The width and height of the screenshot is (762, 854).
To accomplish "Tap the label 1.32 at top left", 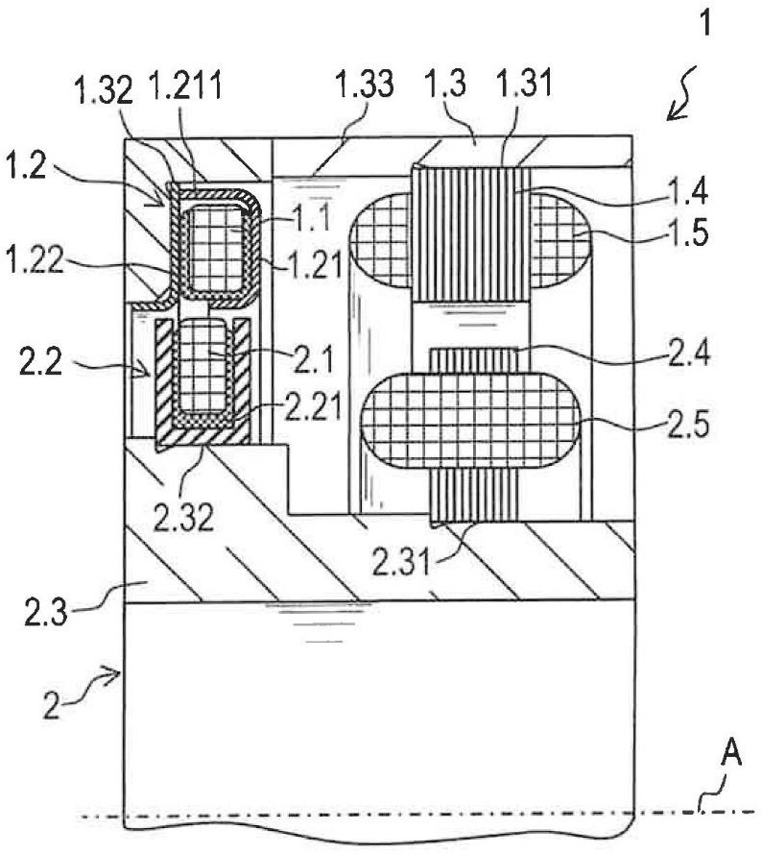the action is pyautogui.click(x=104, y=90).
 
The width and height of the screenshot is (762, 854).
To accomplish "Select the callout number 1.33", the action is pyautogui.click(x=364, y=85).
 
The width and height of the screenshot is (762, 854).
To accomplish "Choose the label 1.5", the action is pyautogui.click(x=690, y=232).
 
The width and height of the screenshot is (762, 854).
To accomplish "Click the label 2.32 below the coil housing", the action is pyautogui.click(x=183, y=518).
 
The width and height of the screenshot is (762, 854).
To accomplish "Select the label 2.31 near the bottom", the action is pyautogui.click(x=401, y=562).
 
